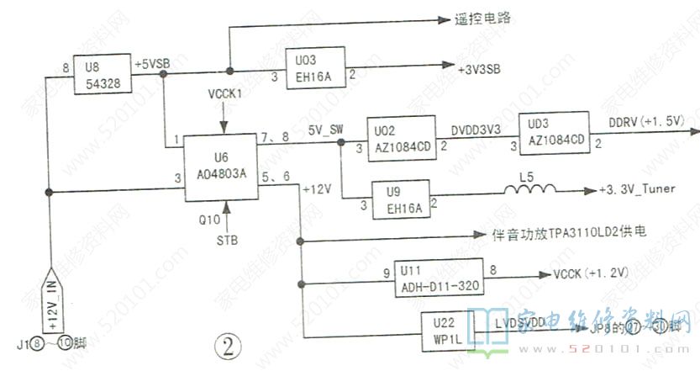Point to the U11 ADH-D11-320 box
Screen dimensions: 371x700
coord(439,278)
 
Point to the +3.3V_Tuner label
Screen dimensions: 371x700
coord(642,193)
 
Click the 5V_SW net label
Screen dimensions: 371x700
coord(324,130)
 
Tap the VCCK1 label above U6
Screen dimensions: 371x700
coord(224,92)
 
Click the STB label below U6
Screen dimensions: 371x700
coord(227,240)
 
